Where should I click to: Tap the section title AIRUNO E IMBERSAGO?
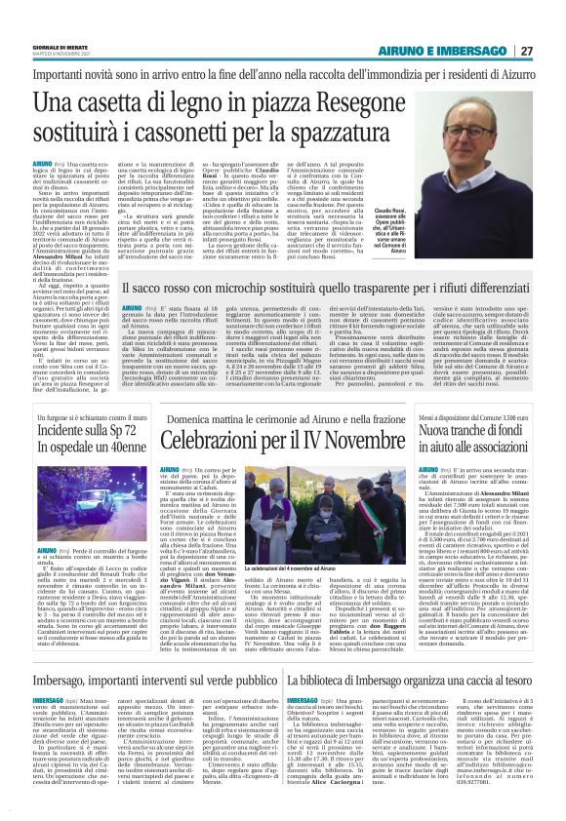pos(457,51)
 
